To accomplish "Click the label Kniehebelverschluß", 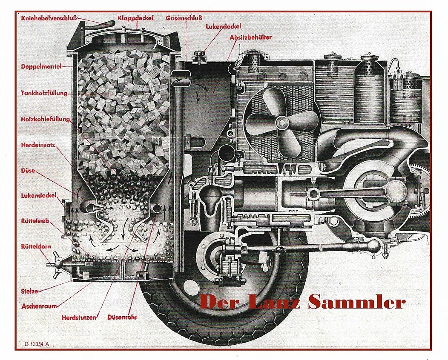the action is point(49,18).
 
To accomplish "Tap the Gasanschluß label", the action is point(184,18).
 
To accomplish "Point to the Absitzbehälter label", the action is point(250,37).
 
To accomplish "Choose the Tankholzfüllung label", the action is point(44,93).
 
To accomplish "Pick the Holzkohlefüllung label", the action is point(45,120).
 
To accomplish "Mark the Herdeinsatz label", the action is point(38,145).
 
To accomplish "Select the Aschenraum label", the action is point(39,306).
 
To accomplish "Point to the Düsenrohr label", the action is point(122,317).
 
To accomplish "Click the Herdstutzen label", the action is point(79,317).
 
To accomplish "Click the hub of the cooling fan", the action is point(281,123).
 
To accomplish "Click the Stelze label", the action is point(29,291).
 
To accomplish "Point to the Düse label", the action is point(28,171).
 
